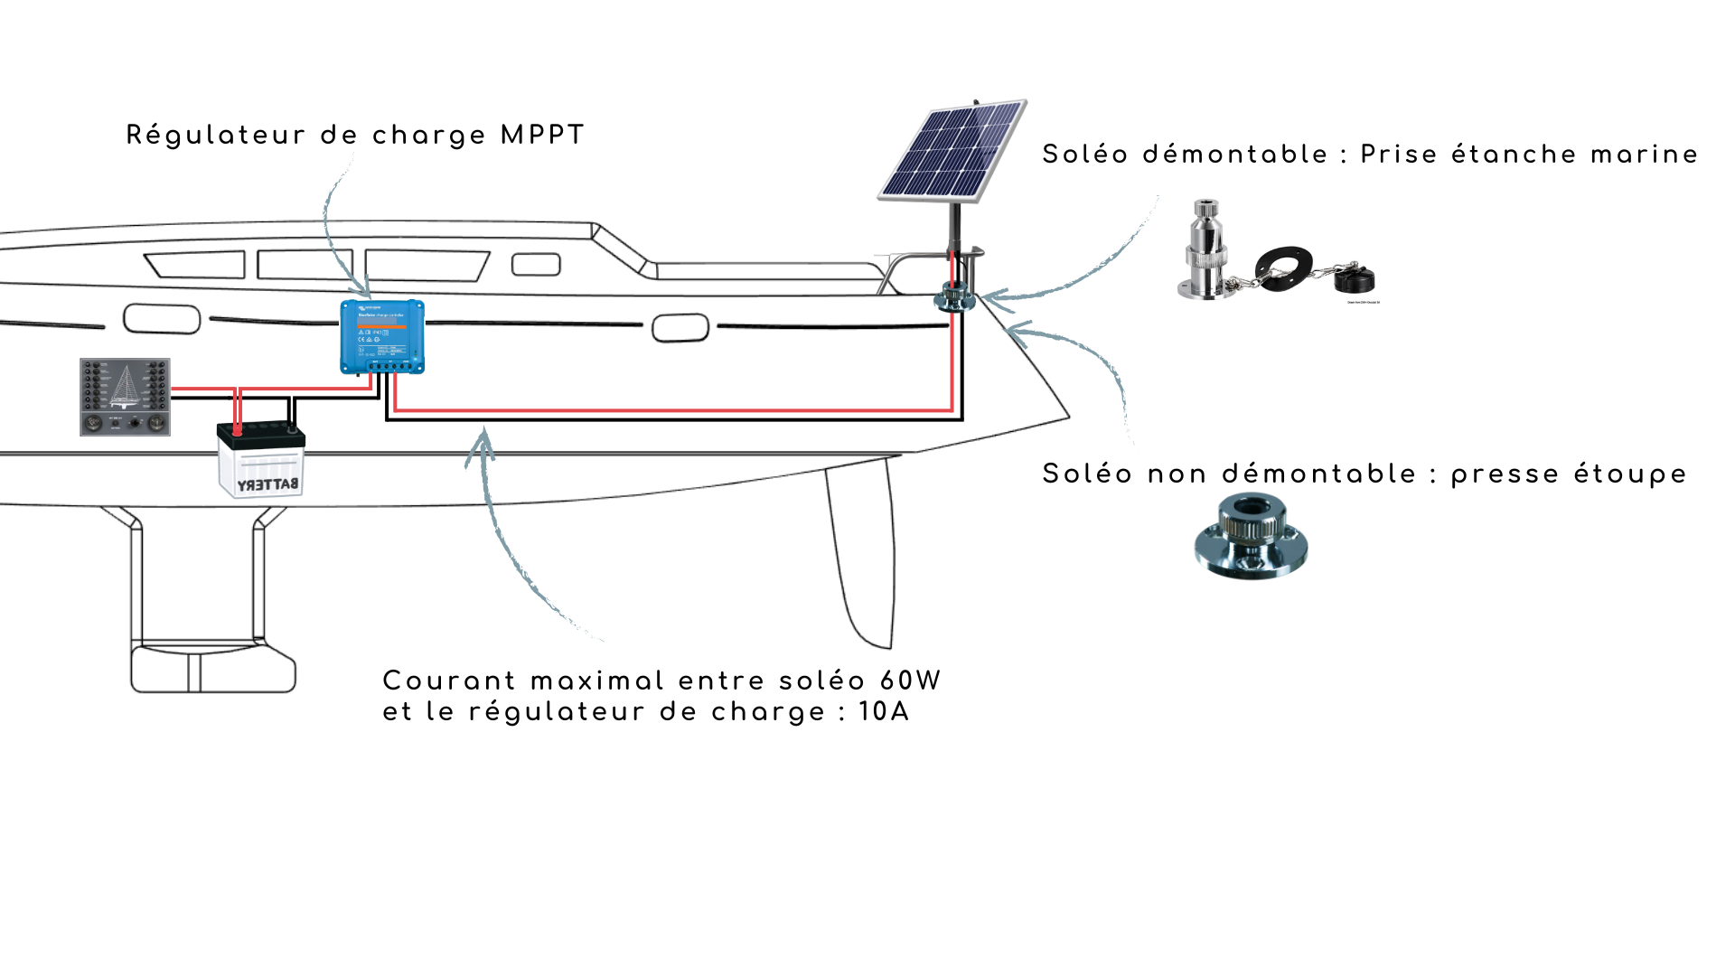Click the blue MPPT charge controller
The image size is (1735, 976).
382,336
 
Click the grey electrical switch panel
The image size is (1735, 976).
125,397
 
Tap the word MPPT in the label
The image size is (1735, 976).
542,136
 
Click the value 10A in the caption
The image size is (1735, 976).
883,712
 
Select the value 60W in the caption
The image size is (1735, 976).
910,681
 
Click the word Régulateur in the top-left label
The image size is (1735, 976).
216,136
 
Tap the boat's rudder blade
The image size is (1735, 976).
861,551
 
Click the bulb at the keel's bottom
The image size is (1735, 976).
213,669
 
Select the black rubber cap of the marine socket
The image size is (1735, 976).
1354,277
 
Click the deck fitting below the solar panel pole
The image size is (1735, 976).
954,296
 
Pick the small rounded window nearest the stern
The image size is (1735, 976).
680,328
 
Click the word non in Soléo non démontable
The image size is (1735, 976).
1177,474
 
